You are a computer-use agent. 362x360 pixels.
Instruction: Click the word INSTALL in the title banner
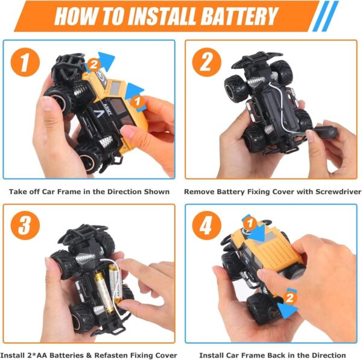point(162,16)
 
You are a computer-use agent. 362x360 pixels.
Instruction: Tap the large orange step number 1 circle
point(25,62)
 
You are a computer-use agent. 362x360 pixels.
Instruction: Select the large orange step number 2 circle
point(206,62)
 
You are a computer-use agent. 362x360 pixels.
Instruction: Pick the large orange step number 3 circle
point(25,226)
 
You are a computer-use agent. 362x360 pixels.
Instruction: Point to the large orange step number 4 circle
point(206,226)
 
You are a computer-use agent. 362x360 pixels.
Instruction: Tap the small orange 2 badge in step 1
point(94,65)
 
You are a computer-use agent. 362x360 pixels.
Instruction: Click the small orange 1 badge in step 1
point(138,101)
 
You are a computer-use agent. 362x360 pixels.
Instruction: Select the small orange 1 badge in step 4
point(250,223)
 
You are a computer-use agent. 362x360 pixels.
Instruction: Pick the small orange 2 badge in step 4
point(290,298)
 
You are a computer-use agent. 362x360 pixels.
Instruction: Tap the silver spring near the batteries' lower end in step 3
point(100,310)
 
